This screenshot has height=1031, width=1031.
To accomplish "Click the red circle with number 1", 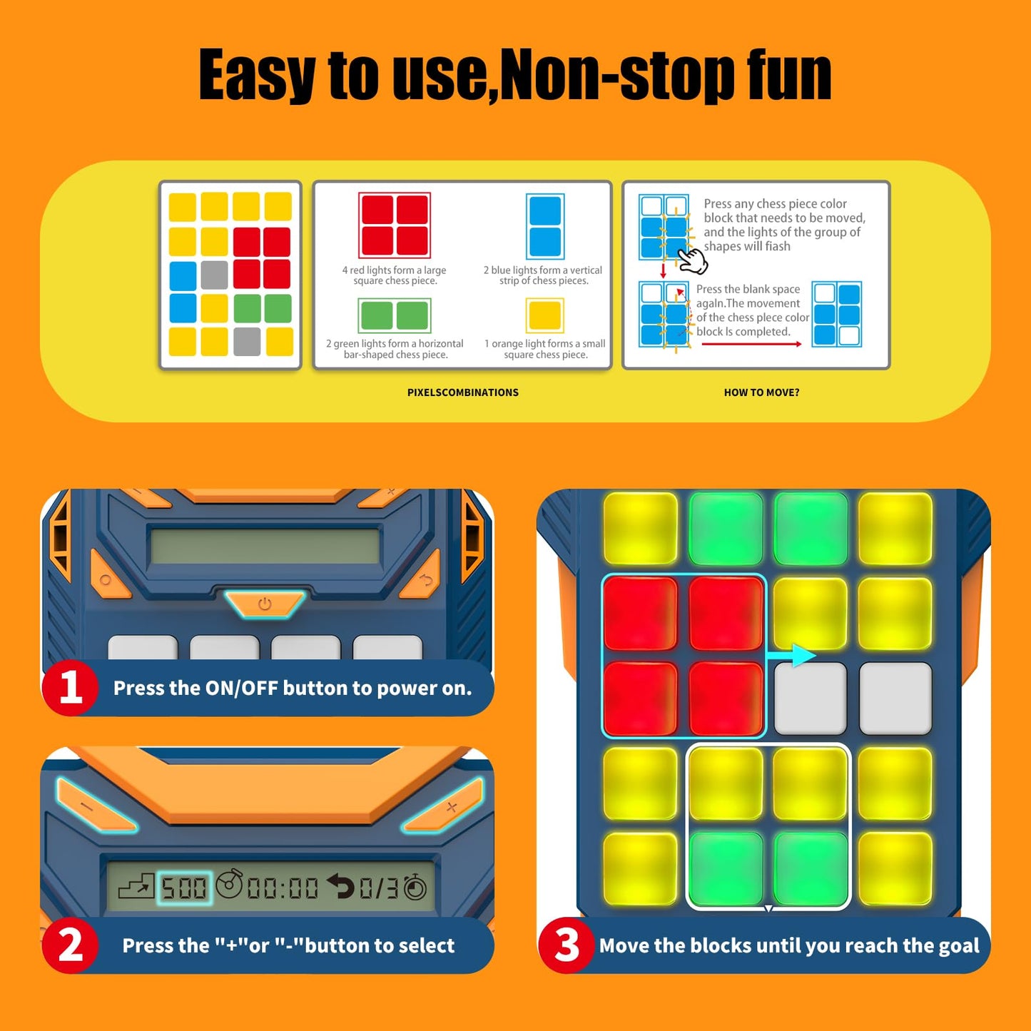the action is [71, 688].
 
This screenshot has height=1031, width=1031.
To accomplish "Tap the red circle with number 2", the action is [71, 945].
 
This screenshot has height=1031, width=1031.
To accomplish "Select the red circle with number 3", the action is [567, 945].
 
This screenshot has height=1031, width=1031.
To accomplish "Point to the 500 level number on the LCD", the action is [184, 888].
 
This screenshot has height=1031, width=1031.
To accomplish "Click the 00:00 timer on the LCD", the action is [283, 889].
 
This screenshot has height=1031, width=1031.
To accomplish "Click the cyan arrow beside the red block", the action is [791, 655].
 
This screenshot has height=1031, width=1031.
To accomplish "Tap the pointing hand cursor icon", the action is [694, 260].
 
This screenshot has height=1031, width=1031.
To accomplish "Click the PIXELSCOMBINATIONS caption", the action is [463, 392].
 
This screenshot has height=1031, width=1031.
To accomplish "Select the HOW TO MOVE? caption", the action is [761, 392].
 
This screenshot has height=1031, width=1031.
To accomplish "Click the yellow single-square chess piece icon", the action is [544, 315].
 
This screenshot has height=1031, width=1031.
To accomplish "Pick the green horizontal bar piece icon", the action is [395, 315].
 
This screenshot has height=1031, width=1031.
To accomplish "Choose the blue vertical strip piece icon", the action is [544, 226].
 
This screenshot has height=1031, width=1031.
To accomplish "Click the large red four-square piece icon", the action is [395, 225].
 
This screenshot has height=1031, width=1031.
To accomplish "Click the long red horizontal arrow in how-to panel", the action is [752, 344].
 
